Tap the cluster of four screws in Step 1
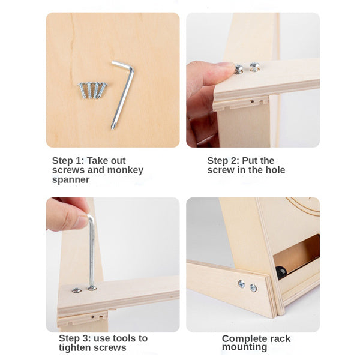pos(92,90)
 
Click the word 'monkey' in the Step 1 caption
pos(125,170)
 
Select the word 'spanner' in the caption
pos(71,179)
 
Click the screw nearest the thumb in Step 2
pos(239,70)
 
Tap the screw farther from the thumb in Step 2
pos(254,67)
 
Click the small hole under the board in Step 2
pos(252,101)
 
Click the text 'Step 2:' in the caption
pos(223,161)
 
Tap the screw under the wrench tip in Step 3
pos(92,287)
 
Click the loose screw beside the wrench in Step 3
pos(77,290)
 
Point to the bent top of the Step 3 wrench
pos(91,217)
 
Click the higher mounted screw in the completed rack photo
pos(241,284)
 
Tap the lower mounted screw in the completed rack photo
pos(253,287)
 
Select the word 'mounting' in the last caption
pos(245,347)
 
